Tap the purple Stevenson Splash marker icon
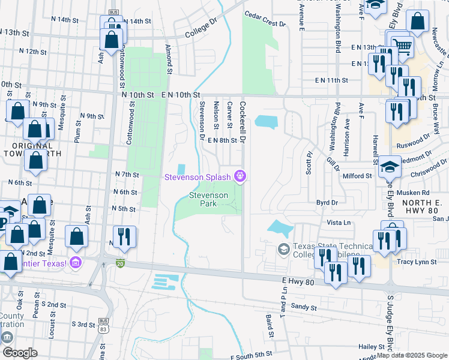241,176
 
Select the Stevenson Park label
209,199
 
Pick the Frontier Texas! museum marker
76,262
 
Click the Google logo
20,352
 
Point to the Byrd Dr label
327,203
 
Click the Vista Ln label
338,223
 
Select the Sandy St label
303,307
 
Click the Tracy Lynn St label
417,262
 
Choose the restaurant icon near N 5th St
124,236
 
